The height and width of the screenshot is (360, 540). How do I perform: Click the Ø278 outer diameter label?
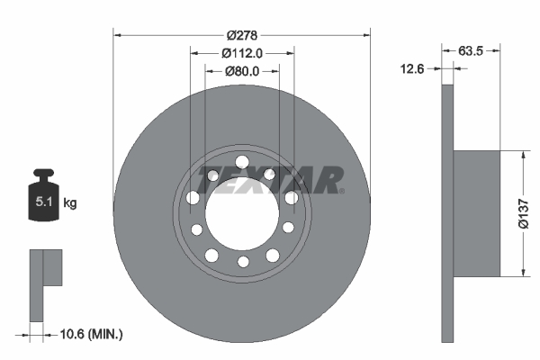(242, 35)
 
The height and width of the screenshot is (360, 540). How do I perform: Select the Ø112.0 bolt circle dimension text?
(241, 52)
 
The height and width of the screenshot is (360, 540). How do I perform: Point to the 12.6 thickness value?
(413, 67)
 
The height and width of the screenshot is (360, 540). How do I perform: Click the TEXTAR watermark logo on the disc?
(270, 180)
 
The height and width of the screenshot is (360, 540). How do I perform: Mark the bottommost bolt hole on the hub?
(242, 262)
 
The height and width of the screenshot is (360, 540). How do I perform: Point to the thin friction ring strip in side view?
(447, 212)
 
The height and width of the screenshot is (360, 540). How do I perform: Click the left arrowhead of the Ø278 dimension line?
(117, 35)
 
